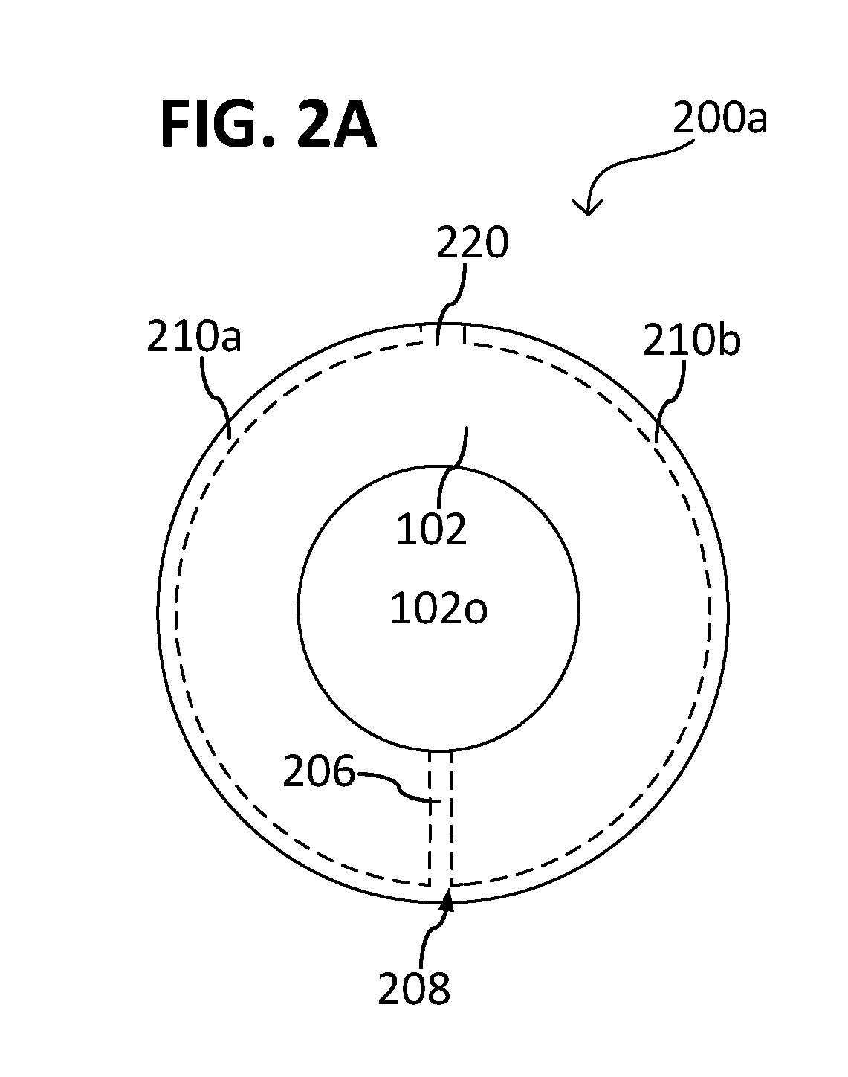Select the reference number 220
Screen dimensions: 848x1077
(473, 242)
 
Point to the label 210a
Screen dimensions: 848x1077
(194, 338)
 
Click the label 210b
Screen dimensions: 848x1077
(691, 340)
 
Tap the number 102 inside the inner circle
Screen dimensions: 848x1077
(431, 529)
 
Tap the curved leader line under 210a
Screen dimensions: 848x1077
(216, 398)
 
